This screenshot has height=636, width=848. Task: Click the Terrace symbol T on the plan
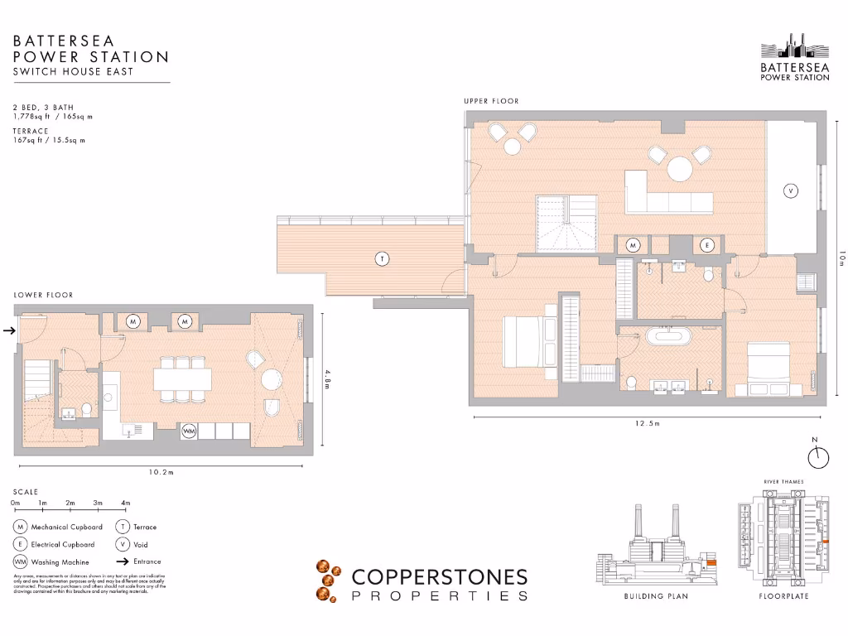(x=382, y=259)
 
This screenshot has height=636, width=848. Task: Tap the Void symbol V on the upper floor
(x=791, y=191)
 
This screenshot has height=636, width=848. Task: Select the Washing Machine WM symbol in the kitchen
(x=189, y=431)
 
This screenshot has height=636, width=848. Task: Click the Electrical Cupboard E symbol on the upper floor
(x=706, y=244)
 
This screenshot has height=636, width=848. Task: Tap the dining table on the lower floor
(x=182, y=381)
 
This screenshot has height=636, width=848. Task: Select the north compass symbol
(x=817, y=455)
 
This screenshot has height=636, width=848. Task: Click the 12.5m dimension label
(x=648, y=423)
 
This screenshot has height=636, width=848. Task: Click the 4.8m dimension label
(x=326, y=383)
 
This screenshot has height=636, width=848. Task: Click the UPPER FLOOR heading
(x=491, y=101)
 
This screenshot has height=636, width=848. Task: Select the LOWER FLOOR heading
(x=43, y=295)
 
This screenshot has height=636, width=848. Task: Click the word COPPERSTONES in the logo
(x=439, y=576)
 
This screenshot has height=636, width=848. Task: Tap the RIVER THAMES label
(x=783, y=481)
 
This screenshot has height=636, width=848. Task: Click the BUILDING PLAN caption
(x=656, y=596)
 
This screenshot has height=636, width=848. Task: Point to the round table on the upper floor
(x=681, y=169)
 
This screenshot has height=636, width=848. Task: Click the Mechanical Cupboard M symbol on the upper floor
(x=634, y=244)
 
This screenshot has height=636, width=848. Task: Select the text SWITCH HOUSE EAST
(x=73, y=72)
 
